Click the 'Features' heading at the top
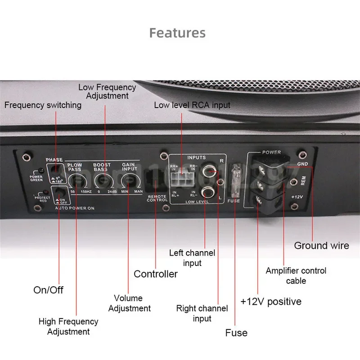coord(177,33)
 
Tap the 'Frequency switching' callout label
coord(43,105)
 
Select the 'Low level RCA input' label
coord(192,105)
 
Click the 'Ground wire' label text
coord(321,245)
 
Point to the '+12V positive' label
coord(271,301)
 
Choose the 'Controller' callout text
coord(156,274)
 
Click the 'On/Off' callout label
coord(49,289)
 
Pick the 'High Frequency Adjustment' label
coord(68,326)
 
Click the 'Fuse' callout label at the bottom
coord(236,333)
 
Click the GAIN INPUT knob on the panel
coord(129,181)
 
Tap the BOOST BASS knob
coord(102,181)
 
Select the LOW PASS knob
coord(76,181)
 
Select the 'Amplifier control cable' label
coord(296,275)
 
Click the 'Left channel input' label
coord(192,258)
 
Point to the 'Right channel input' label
coord(202,313)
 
